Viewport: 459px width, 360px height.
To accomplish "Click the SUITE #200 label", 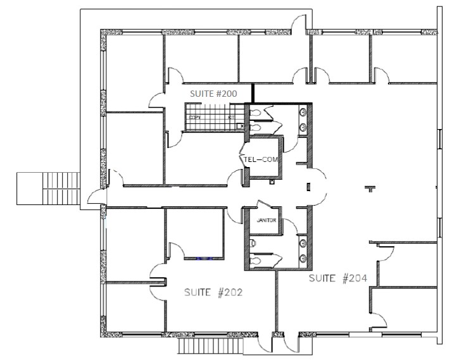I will [213, 93].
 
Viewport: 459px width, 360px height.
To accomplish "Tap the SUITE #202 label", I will [210, 292].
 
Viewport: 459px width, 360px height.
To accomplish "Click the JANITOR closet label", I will [267, 220].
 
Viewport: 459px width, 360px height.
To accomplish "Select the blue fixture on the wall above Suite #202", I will [203, 258].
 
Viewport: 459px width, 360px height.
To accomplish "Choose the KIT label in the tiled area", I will [231, 118].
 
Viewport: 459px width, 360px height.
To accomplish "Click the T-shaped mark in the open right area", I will [369, 187].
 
